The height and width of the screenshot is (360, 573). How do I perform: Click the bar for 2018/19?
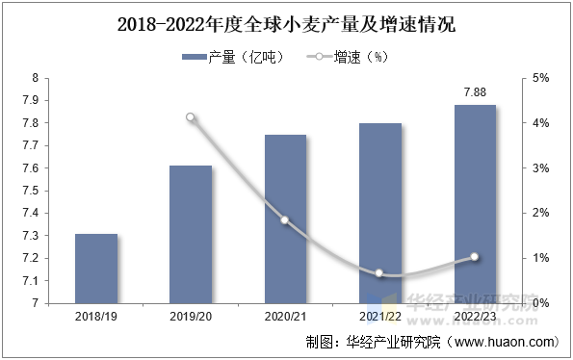pyautogui.click(x=96, y=269)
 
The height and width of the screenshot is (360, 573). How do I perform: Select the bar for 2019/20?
pyautogui.click(x=191, y=235)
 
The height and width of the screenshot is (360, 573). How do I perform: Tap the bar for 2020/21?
pyautogui.click(x=285, y=219)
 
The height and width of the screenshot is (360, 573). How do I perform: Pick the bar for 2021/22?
pyautogui.click(x=380, y=214)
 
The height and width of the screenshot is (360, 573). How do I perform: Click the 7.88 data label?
pyautogui.click(x=475, y=92)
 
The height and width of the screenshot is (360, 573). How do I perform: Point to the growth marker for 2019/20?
pyautogui.click(x=191, y=117)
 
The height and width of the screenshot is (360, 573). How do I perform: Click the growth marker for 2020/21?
pyautogui.click(x=285, y=220)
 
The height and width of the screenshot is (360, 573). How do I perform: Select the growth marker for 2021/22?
pyautogui.click(x=379, y=273)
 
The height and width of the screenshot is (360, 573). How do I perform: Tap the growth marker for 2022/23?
pyautogui.click(x=475, y=257)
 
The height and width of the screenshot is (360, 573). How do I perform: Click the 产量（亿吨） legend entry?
pyautogui.click(x=233, y=57)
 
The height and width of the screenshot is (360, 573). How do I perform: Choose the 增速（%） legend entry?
pyautogui.click(x=347, y=57)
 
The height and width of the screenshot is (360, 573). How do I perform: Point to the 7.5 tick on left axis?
pyautogui.click(x=30, y=191)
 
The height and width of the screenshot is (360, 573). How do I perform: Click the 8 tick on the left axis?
pyautogui.click(x=35, y=78)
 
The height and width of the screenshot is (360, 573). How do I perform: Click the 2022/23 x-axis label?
pyautogui.click(x=475, y=316)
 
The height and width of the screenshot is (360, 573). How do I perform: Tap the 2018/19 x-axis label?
pyautogui.click(x=96, y=316)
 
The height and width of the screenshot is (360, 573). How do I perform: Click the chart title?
pyautogui.click(x=287, y=25)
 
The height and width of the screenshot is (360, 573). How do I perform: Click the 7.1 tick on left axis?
pyautogui.click(x=30, y=281)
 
